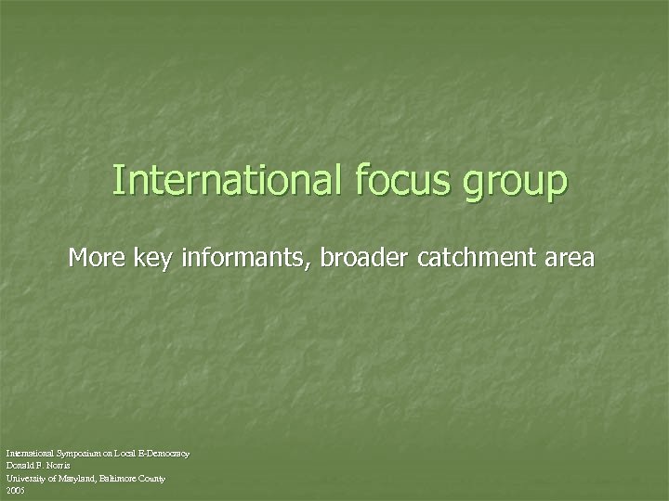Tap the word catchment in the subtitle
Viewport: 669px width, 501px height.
click(474, 257)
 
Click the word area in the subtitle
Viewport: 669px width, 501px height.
click(569, 258)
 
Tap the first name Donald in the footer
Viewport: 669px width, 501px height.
click(20, 465)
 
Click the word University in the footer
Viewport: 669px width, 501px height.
click(25, 477)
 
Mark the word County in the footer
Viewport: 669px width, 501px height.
click(152, 477)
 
